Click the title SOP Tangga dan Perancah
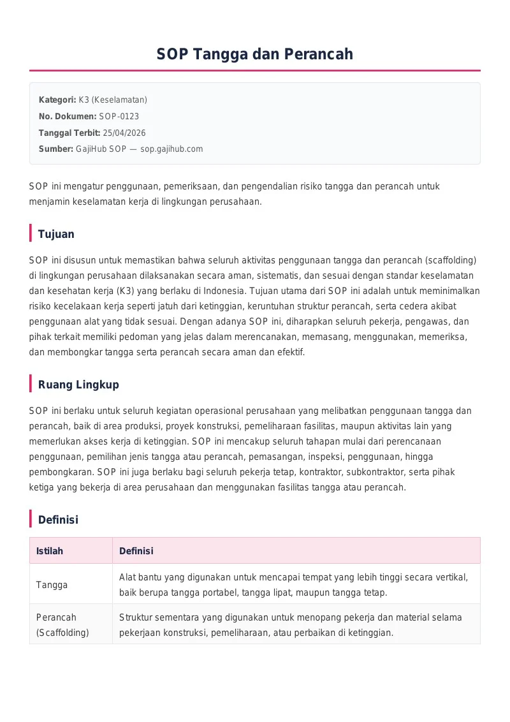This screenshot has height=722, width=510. coord(255,54)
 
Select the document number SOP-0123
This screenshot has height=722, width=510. coord(119,116)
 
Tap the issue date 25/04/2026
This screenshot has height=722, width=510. coord(124,133)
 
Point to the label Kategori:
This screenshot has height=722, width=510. coord(57,99)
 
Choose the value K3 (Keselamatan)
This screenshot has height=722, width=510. coord(113,99)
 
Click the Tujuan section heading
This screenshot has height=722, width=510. coord(56,234)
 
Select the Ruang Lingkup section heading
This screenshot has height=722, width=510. coord(78,385)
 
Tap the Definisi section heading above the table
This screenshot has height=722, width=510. coord(58,520)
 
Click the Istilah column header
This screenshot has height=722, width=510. coord(50,551)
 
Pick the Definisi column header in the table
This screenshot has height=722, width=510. coord(136,551)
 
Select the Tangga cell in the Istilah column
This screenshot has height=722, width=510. coord(52,585)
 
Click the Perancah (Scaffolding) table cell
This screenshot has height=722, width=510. coord(62,625)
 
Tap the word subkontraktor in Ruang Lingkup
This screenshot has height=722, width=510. coord(399,472)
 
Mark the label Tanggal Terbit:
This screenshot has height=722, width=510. coord(69,133)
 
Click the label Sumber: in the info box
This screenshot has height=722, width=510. coord(56,149)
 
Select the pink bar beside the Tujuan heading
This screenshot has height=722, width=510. coord(31,233)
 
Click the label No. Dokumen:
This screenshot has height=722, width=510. coord(68,116)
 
